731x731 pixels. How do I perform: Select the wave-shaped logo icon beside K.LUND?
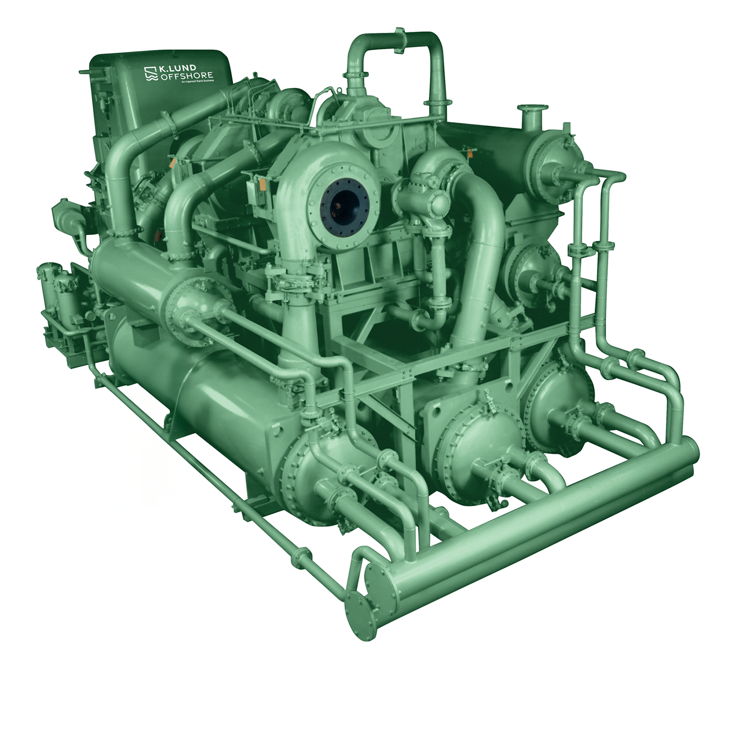151,73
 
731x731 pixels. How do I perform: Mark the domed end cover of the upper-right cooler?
555,157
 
